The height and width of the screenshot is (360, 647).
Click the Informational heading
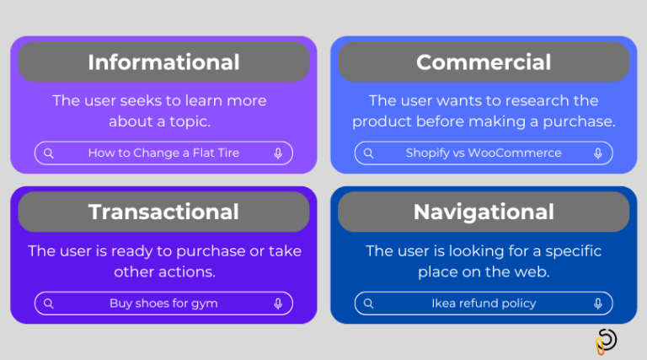(163, 62)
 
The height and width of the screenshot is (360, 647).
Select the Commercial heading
(484, 62)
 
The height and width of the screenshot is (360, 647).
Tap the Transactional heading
(163, 212)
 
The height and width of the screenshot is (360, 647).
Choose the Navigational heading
(484, 212)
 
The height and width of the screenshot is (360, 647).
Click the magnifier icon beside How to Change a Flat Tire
(49, 153)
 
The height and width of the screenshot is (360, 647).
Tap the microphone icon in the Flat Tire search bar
(278, 153)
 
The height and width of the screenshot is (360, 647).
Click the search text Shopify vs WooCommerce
(484, 153)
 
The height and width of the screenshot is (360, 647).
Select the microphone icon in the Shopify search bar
(598, 153)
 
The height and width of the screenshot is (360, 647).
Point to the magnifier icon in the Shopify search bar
(369, 153)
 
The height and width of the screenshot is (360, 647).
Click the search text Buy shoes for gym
(163, 304)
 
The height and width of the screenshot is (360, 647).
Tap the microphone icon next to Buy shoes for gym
(278, 304)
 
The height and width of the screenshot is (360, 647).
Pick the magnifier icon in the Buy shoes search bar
(49, 304)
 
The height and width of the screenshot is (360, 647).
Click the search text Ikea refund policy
(484, 304)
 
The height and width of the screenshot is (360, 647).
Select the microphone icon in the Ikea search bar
(598, 304)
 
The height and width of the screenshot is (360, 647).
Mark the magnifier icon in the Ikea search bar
(369, 304)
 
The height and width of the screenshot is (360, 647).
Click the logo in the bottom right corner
(605, 341)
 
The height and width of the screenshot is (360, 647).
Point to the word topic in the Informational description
(190, 122)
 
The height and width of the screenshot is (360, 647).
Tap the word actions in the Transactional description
(189, 272)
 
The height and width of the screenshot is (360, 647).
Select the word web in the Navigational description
(534, 272)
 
